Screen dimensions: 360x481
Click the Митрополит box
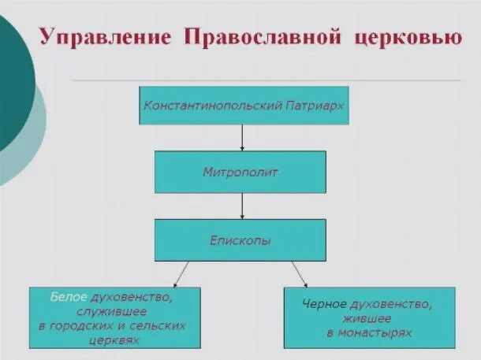(x=240, y=172)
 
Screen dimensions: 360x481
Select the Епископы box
(x=240, y=239)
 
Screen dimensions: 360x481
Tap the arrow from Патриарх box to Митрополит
(x=242, y=138)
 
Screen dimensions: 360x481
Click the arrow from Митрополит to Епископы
(x=242, y=206)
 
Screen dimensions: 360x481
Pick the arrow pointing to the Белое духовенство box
(x=181, y=274)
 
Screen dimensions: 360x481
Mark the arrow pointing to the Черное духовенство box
(x=300, y=274)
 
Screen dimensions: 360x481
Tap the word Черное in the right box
(x=325, y=304)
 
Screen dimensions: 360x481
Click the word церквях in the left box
(x=115, y=341)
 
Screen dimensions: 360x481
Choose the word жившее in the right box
(x=369, y=319)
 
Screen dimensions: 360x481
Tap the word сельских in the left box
(x=161, y=326)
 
